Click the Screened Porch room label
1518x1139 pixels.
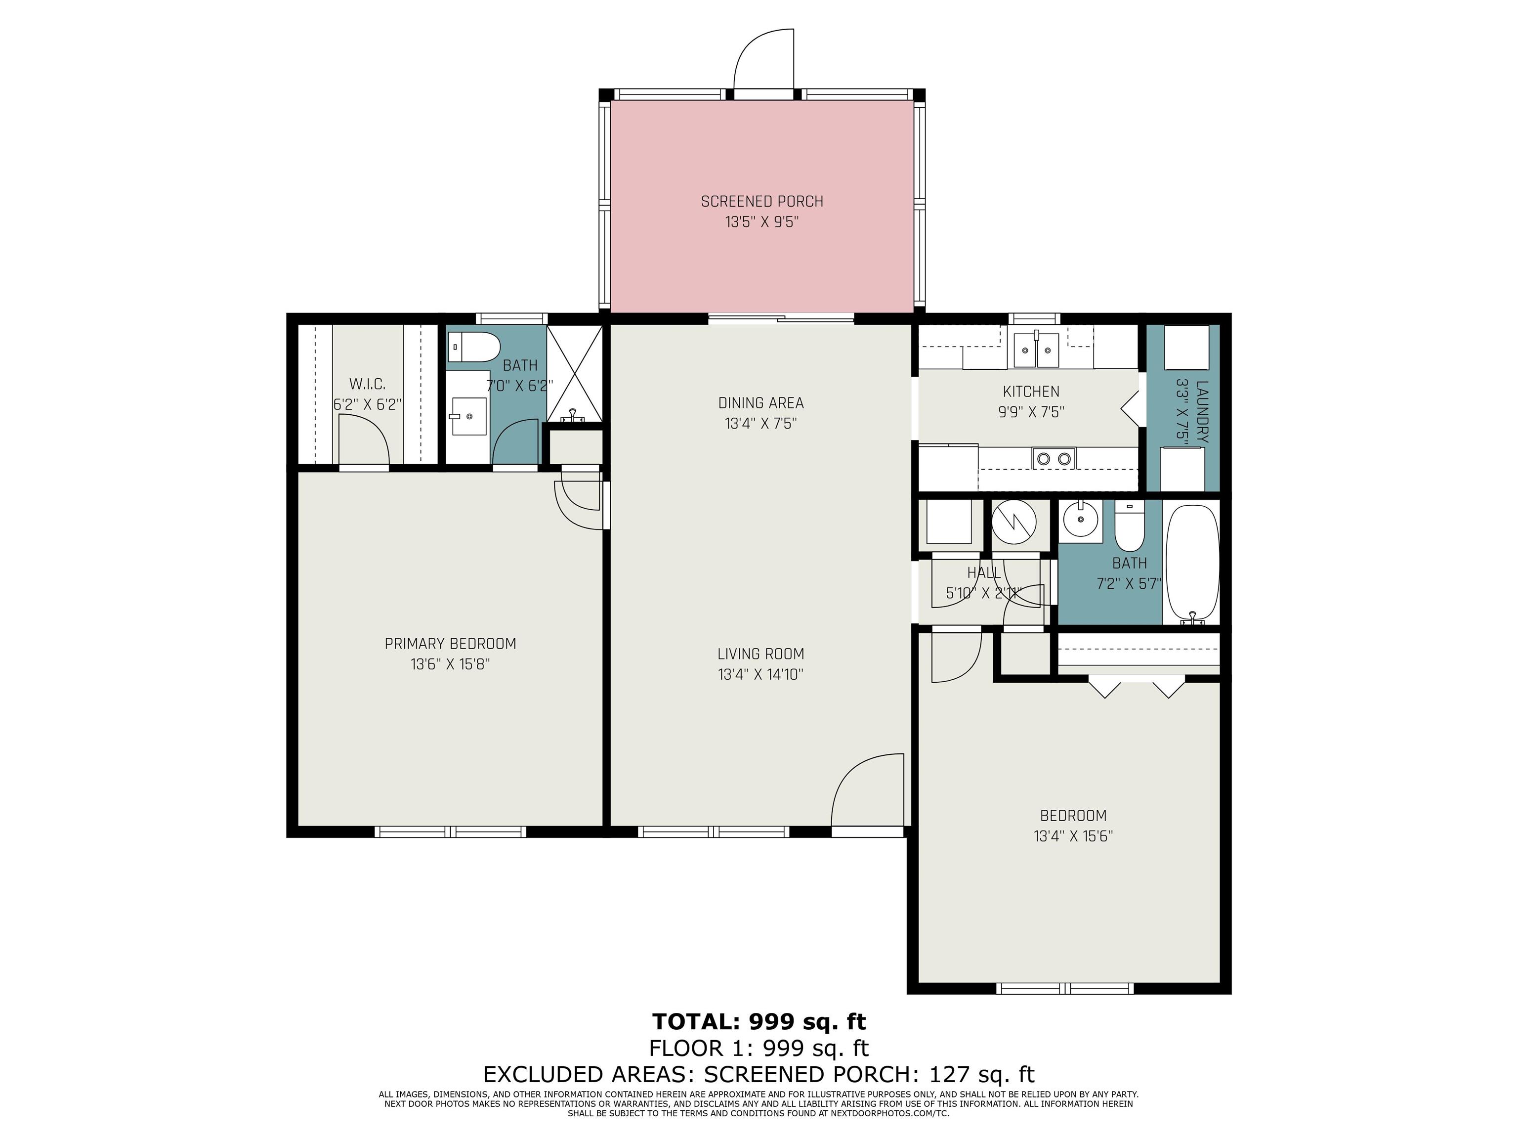(x=762, y=201)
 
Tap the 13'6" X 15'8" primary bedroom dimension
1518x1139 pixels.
(x=450, y=664)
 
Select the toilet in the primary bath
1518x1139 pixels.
(x=473, y=348)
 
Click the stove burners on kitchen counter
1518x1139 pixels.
(x=1054, y=458)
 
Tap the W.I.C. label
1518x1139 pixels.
(x=367, y=384)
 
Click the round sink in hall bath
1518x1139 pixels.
(x=1080, y=520)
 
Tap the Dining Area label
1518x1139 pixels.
(x=760, y=403)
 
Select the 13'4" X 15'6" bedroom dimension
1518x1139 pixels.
(x=1073, y=836)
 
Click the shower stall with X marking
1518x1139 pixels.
(x=574, y=374)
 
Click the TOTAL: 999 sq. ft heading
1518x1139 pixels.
(x=759, y=1022)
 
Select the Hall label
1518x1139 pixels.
(x=983, y=572)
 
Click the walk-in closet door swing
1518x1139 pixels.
(x=364, y=446)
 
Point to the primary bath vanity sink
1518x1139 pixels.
(x=468, y=416)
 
